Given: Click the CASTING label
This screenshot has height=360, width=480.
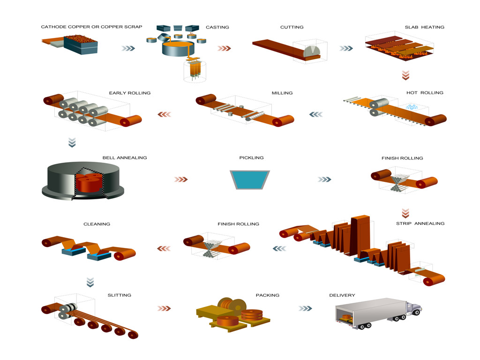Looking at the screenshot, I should (217, 27).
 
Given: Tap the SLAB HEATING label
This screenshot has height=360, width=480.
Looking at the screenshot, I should (424, 27).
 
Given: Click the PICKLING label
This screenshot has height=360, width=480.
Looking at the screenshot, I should (251, 158).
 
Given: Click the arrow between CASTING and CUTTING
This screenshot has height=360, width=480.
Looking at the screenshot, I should (225, 48).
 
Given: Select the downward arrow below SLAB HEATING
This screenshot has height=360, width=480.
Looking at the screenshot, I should (406, 75).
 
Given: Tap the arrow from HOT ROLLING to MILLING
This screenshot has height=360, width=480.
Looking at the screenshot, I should (316, 114).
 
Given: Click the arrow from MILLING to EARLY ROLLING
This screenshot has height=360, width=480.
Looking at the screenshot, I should (164, 114).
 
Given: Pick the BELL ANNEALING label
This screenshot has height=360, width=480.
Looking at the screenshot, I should (125, 158).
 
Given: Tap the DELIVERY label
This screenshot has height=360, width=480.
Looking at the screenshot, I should (342, 295).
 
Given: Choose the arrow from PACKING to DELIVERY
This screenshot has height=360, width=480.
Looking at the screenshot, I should (305, 308).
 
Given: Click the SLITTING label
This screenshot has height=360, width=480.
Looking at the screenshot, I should (120, 295).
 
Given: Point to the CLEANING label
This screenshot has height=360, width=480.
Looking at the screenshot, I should (97, 224).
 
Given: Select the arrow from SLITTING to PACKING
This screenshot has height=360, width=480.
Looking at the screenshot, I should (164, 308).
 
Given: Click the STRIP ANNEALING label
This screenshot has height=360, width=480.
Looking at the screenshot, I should (420, 224).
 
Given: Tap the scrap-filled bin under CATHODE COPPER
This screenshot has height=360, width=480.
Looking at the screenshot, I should (80, 44).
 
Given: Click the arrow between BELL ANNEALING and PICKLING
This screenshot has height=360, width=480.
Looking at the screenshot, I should (180, 179).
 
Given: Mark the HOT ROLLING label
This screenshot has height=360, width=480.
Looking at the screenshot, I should (425, 93).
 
